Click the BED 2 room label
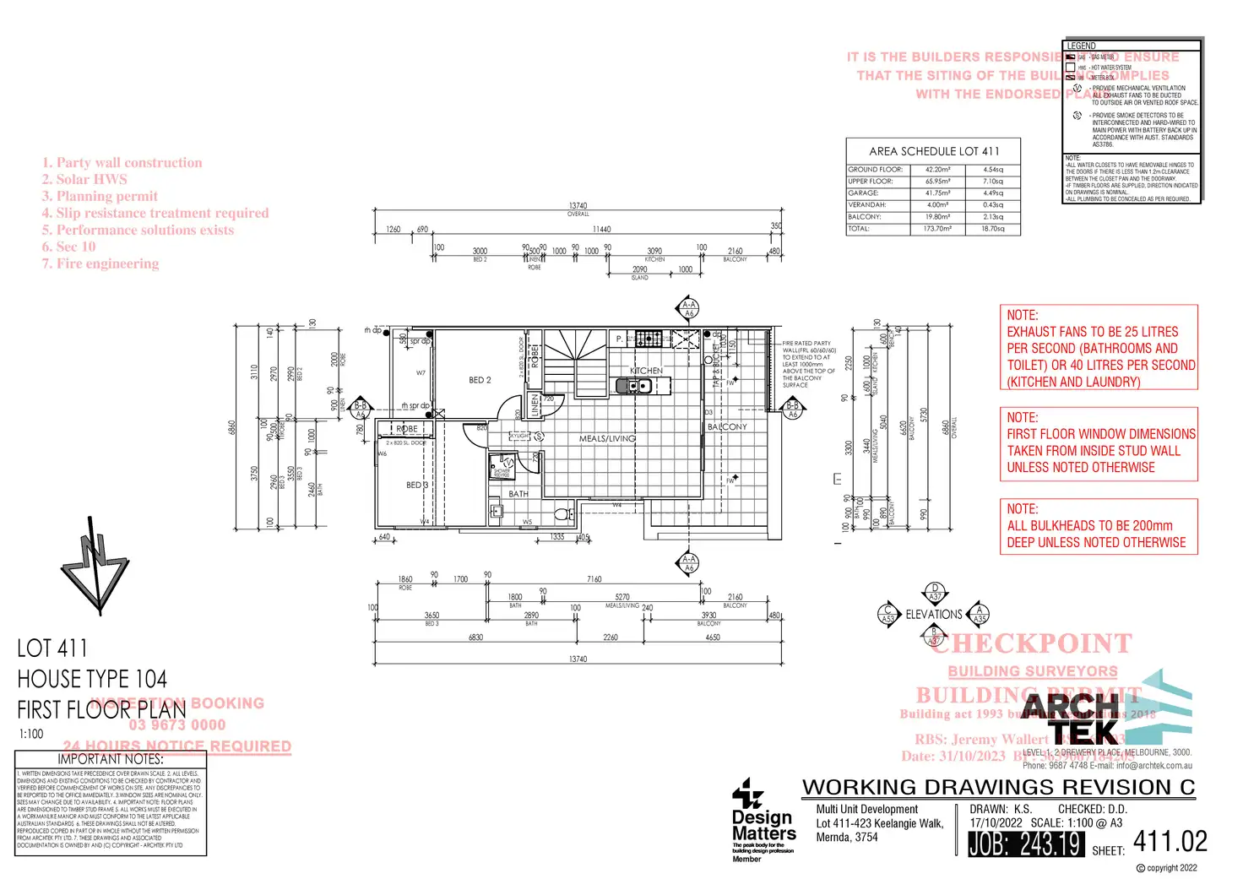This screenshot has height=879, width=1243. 480,380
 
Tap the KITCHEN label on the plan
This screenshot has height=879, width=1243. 646,371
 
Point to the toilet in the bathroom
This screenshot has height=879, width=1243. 562,512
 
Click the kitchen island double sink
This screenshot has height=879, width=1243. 633,386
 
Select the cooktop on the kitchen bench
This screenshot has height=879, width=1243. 649,339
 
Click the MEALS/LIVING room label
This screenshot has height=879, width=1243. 607,438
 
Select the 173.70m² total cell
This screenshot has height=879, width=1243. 937,229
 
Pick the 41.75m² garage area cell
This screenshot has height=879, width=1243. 937,193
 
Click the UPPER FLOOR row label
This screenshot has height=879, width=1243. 870,182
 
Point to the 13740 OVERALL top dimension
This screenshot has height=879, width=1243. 578,208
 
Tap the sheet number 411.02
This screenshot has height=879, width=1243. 1170,841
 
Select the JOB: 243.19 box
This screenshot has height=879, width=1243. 1025,844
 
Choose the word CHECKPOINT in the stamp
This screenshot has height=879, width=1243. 1032,643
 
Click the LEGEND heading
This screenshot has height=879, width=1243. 1081,46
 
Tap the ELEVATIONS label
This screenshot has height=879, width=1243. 934,615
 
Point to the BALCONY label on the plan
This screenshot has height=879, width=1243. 727,427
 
